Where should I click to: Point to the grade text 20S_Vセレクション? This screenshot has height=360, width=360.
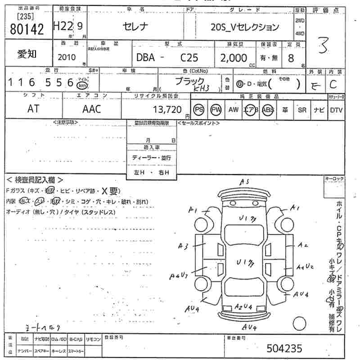pyautogui.click(x=245, y=27)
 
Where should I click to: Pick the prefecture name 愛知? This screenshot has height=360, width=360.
pyautogui.click(x=27, y=54)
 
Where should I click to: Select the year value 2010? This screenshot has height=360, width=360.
pyautogui.click(x=67, y=58)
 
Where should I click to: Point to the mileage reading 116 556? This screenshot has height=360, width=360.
pyautogui.click(x=40, y=82)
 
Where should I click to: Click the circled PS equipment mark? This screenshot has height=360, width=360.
pyautogui.click(x=199, y=109)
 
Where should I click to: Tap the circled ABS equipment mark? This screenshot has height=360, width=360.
pyautogui.click(x=267, y=110)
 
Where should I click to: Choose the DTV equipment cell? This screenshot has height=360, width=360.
pyautogui.click(x=336, y=110)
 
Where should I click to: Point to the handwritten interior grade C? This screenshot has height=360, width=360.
pyautogui.click(x=333, y=84)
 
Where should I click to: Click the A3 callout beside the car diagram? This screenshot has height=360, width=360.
pyautogui.click(x=183, y=246)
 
